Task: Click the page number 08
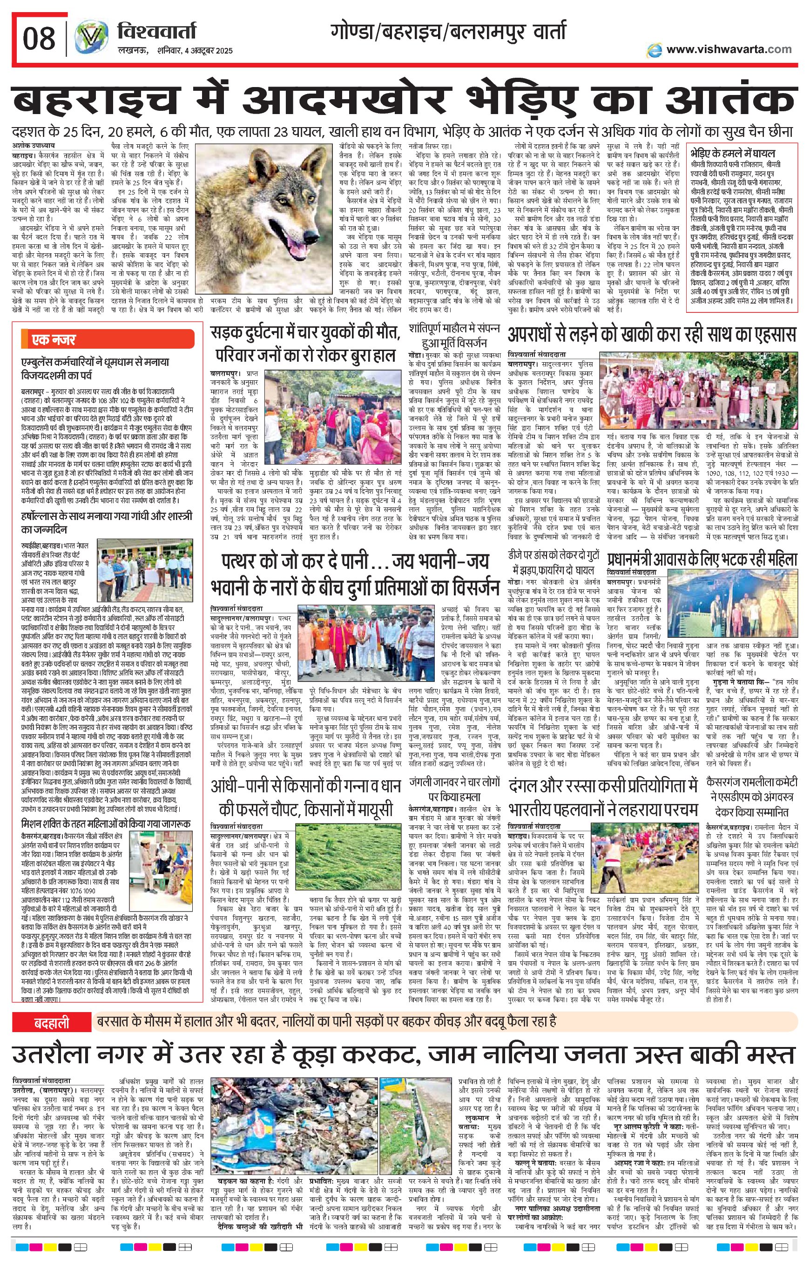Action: [40, 38]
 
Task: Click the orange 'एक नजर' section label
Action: [54, 340]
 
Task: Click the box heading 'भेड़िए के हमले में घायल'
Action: [733, 154]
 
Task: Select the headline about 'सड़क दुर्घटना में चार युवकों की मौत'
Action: [305, 344]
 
